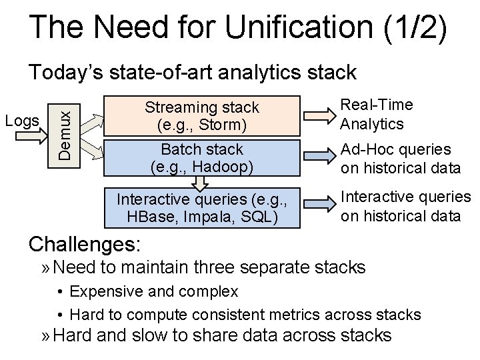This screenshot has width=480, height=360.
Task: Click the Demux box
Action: (x=64, y=136)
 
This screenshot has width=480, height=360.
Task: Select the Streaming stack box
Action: (x=202, y=116)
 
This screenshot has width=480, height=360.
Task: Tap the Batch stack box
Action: (x=202, y=158)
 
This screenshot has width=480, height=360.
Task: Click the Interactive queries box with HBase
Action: (x=202, y=208)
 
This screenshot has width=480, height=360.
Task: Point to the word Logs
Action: (x=22, y=121)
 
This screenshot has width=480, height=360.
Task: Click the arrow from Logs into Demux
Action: (x=31, y=136)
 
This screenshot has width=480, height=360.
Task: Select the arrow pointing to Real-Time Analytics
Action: (x=319, y=116)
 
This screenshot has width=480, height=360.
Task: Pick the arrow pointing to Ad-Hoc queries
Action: (x=319, y=156)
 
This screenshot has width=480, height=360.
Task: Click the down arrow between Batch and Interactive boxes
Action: (x=200, y=183)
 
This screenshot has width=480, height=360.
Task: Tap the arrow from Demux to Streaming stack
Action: (x=92, y=124)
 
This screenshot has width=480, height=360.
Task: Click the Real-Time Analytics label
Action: (x=377, y=115)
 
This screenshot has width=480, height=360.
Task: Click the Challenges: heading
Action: (x=85, y=245)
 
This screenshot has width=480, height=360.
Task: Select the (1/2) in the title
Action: (x=415, y=27)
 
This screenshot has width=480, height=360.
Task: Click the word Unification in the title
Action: (x=299, y=26)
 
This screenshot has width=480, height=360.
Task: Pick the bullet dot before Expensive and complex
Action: (x=60, y=292)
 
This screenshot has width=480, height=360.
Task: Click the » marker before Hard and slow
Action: (x=45, y=336)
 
